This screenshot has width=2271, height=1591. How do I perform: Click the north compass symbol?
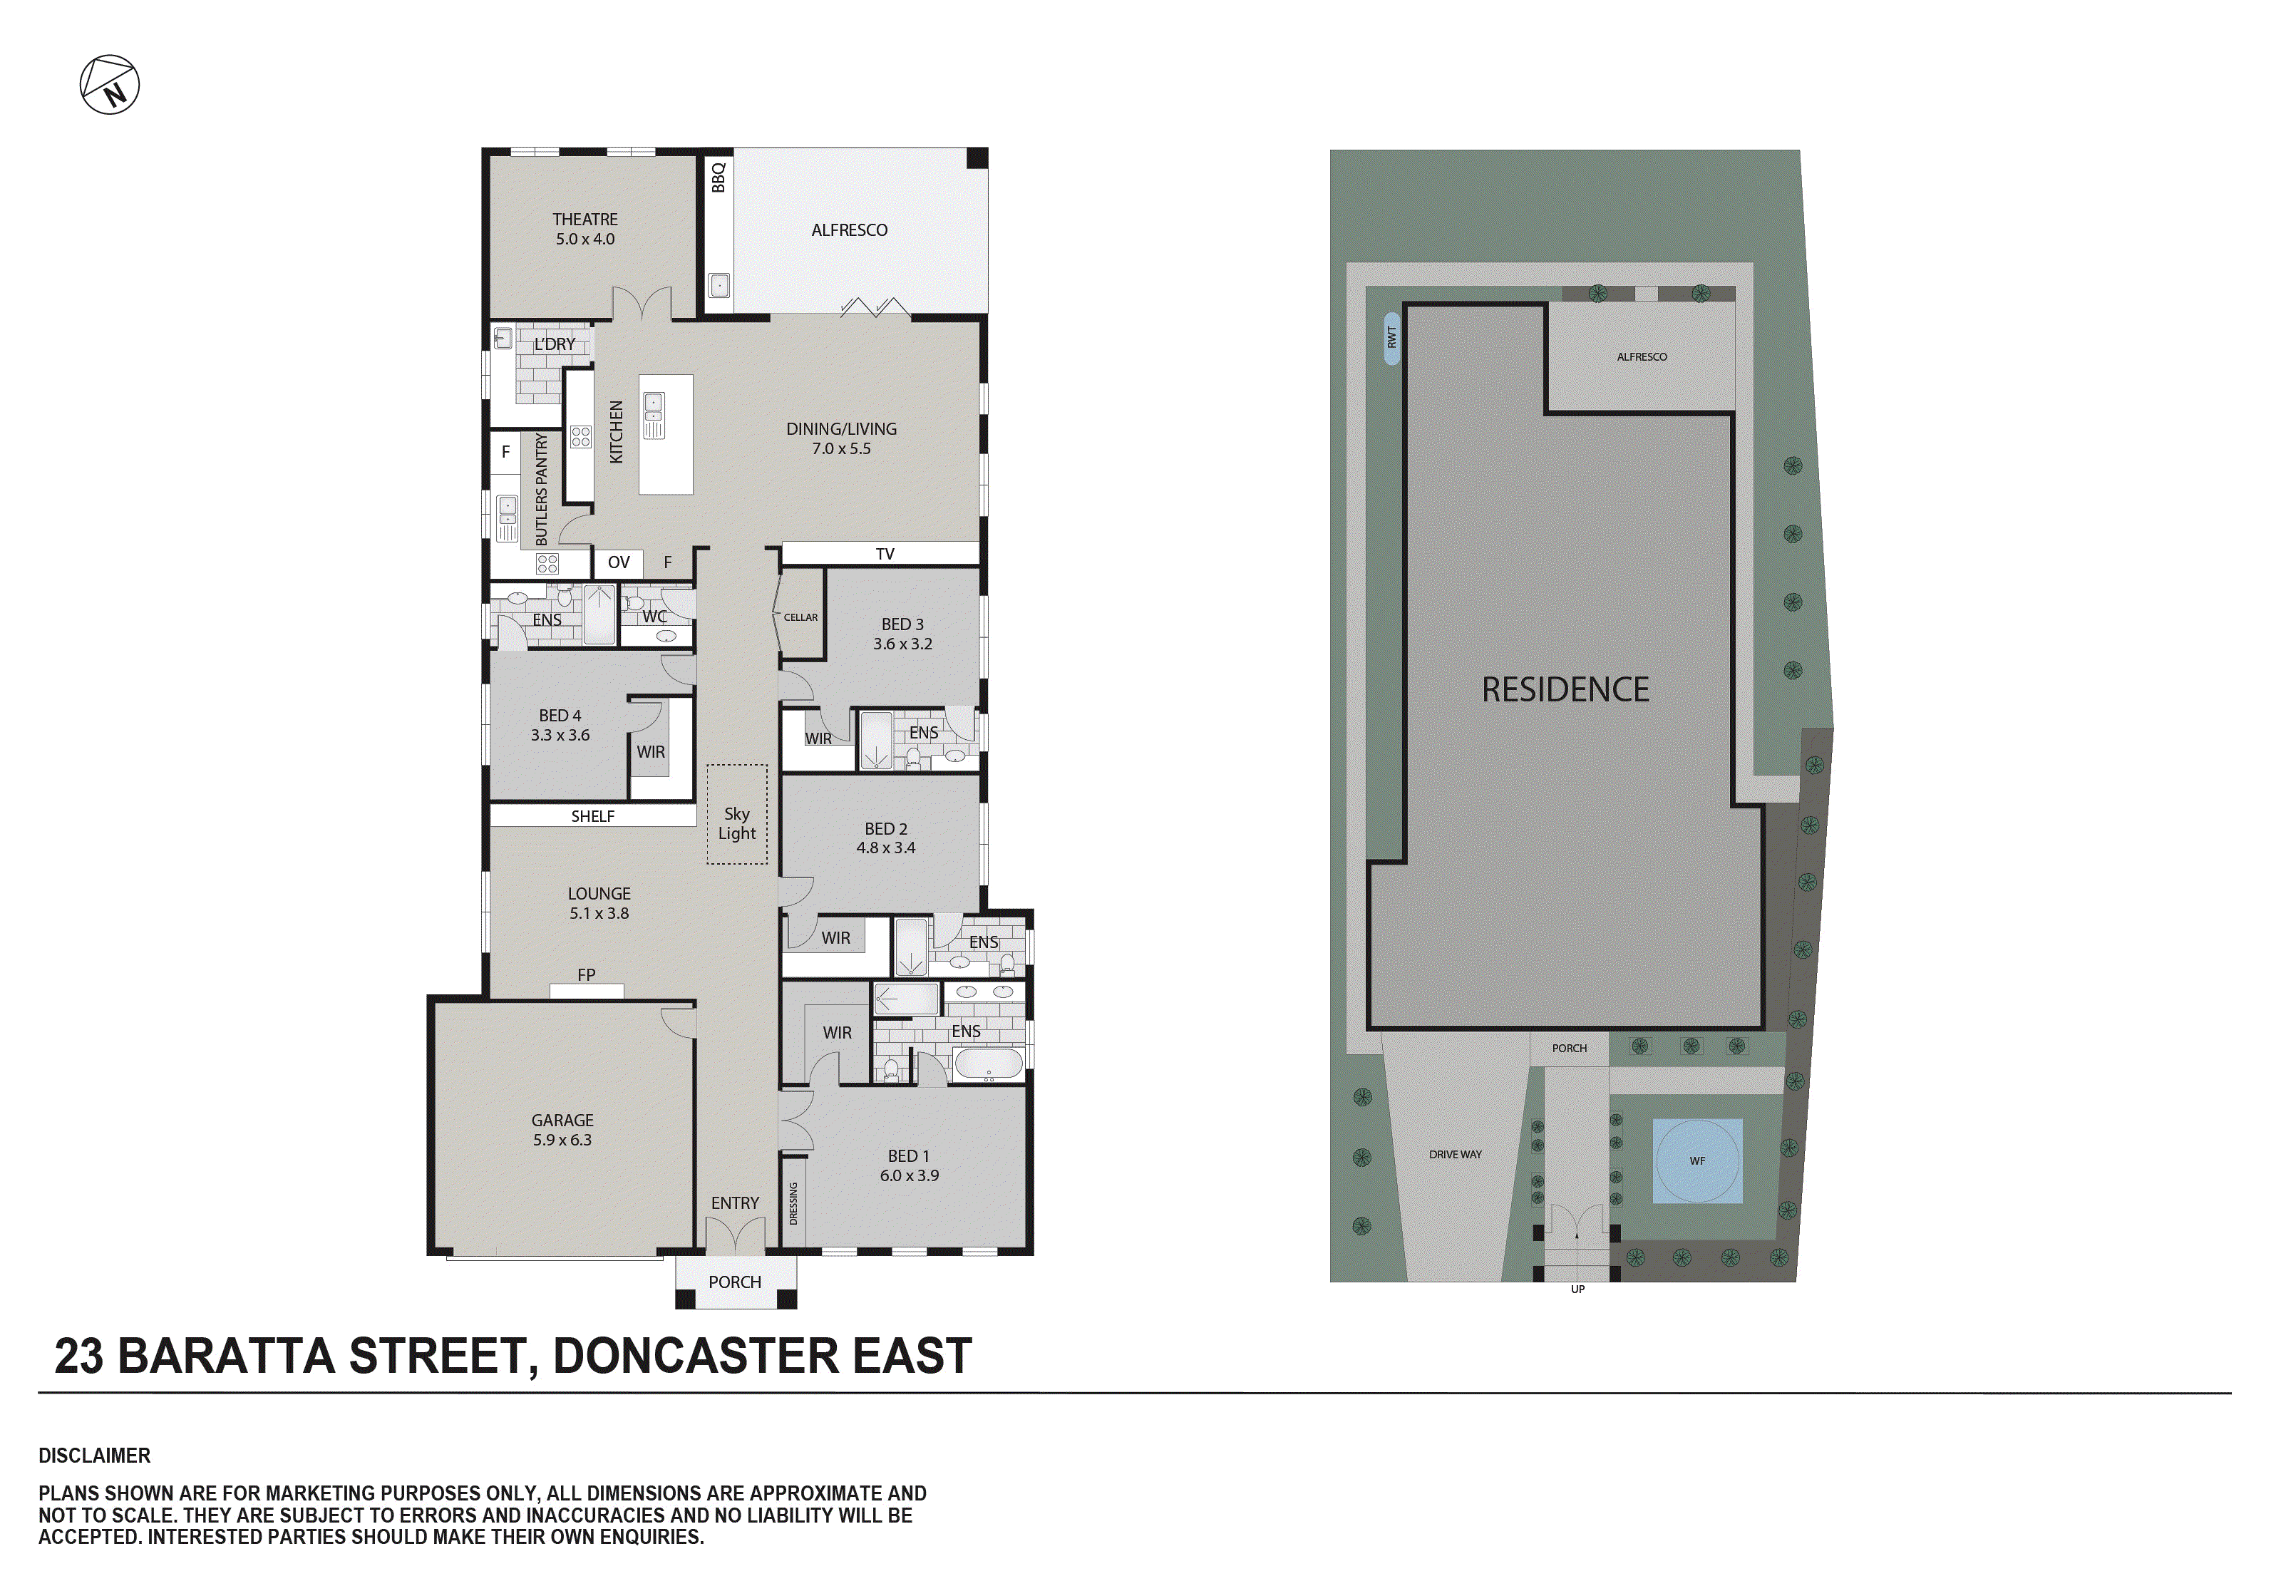click(110, 85)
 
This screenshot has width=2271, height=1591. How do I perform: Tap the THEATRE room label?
click(585, 220)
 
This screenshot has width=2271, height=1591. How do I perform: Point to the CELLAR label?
click(800, 617)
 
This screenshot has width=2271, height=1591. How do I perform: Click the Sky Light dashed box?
click(737, 814)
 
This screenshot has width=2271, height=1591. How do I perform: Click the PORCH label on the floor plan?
click(735, 1282)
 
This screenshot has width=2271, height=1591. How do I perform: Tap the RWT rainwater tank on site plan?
click(1391, 337)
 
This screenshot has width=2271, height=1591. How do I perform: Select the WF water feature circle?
click(1697, 1160)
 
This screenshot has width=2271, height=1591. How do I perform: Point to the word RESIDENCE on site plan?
click(1565, 689)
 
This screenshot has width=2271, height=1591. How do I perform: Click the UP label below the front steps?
click(1577, 1289)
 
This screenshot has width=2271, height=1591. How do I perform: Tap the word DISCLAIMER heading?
click(94, 1456)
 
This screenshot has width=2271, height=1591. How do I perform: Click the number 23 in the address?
click(79, 1356)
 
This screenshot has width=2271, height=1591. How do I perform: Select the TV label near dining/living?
click(885, 554)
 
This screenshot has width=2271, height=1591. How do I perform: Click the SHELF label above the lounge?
click(592, 816)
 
